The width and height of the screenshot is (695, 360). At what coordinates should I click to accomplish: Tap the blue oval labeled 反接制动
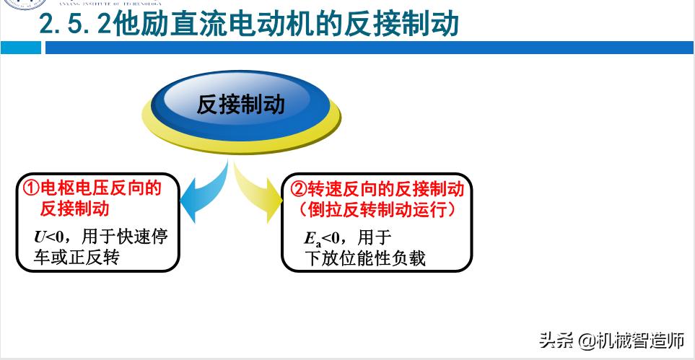[241, 104]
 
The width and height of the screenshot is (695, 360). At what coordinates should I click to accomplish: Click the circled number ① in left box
[31, 189]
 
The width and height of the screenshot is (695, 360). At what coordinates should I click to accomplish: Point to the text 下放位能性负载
[365, 258]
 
